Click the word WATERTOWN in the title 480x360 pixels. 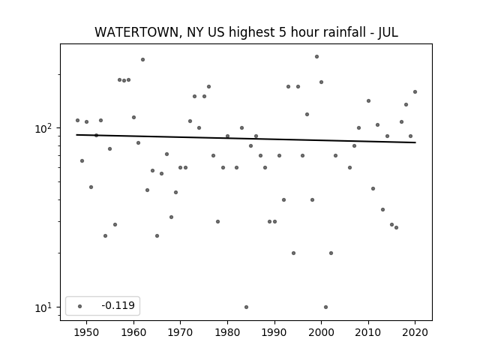136,32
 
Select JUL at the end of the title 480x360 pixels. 388,32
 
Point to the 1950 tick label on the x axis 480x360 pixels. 87,332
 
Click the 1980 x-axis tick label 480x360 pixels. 227,332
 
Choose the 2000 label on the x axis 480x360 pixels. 322,332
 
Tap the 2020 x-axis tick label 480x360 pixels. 415,332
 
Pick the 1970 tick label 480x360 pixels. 181,332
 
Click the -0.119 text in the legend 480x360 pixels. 118,305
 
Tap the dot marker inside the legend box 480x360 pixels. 80,306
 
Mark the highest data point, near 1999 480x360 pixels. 316,57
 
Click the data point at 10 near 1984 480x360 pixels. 247,307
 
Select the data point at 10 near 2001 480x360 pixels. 325,307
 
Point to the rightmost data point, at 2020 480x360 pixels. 415,91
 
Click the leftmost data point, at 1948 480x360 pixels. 77,120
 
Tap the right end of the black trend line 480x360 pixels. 415,142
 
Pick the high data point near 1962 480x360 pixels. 142,60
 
